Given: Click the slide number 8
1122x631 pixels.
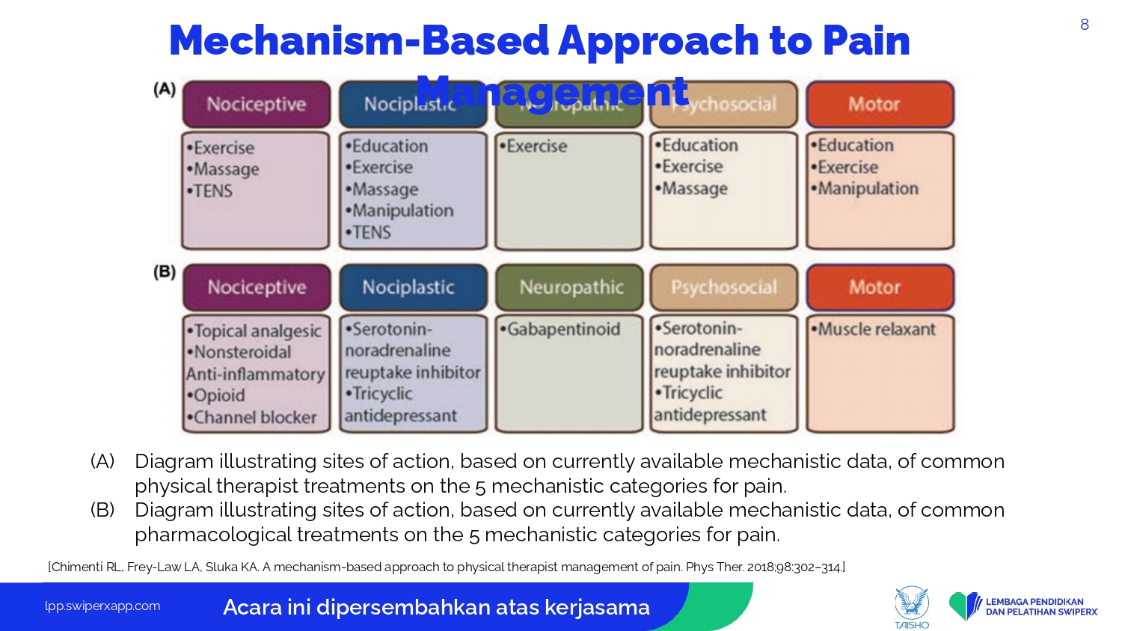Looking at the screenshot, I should pos(1084,25).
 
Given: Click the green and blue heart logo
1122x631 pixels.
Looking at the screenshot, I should pos(965,605).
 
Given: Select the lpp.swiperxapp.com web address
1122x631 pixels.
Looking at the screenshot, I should pos(102,606).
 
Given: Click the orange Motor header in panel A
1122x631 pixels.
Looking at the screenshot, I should pos(880,104).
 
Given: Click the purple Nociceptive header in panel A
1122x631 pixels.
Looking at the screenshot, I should pos(256,104).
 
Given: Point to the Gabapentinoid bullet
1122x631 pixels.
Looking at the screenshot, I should pos(562,329).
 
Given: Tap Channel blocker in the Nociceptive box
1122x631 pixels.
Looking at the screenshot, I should pos(254,417).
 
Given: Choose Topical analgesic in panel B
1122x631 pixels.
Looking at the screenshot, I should pos(256,330).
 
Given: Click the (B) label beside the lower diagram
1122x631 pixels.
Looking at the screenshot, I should pos(165,271).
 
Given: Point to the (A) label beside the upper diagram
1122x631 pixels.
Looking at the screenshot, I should pos(165,89).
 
